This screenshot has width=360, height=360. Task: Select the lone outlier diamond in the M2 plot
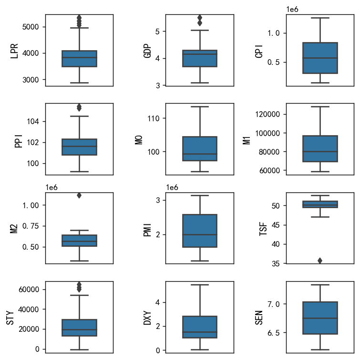tap(79, 195)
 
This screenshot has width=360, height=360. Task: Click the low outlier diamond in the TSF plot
tap(319, 261)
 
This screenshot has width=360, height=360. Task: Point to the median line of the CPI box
tap(319, 58)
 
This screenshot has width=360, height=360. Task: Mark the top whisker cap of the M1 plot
tap(319, 106)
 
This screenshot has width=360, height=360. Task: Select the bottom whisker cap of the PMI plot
tap(200, 261)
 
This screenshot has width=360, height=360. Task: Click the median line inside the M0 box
tap(200, 154)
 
